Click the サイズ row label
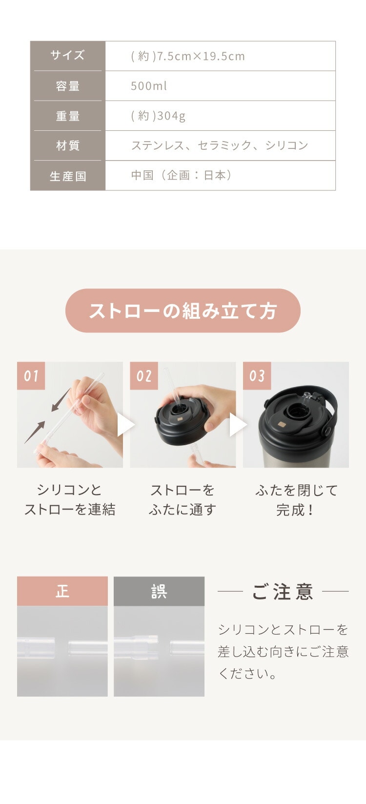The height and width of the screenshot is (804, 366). click(x=67, y=55)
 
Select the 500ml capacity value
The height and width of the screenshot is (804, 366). click(x=148, y=86)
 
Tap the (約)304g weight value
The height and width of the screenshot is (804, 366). click(x=158, y=116)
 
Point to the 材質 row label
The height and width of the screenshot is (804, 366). click(x=67, y=145)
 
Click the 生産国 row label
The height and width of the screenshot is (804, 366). click(x=67, y=176)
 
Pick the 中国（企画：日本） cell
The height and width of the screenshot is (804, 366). click(x=181, y=175)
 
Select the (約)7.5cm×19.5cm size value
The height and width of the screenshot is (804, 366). click(x=188, y=56)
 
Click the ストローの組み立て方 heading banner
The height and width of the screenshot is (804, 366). click(x=183, y=310)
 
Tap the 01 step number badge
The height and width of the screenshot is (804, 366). click(x=31, y=376)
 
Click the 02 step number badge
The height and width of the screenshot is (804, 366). click(x=144, y=376)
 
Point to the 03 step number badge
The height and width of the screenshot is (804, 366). click(x=257, y=376)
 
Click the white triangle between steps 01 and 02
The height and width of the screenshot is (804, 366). click(x=125, y=425)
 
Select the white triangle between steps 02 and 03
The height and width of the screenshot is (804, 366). click(x=238, y=425)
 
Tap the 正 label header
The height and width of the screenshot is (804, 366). click(x=62, y=591)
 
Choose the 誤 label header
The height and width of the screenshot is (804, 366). click(x=159, y=591)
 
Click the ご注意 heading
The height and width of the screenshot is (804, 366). click(x=283, y=592)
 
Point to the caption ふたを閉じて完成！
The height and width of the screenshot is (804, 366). click(x=296, y=500)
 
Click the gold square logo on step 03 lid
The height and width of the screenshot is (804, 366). click(x=282, y=425)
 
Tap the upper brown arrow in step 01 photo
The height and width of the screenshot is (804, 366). click(x=61, y=399)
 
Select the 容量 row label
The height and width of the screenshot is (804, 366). click(x=67, y=86)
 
